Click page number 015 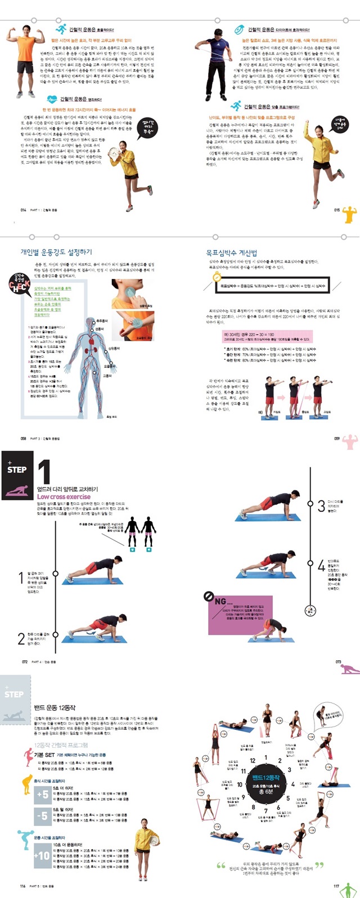click(x=337, y=210)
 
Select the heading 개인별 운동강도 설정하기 click(x=56, y=252)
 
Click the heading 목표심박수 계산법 click(x=231, y=253)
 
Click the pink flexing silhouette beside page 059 click(x=350, y=441)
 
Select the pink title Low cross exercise click(x=64, y=497)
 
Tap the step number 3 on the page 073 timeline click(x=321, y=504)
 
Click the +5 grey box click(x=42, y=795)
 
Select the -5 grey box click(x=42, y=816)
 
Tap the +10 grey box click(x=42, y=855)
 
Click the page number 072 click(x=25, y=662)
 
